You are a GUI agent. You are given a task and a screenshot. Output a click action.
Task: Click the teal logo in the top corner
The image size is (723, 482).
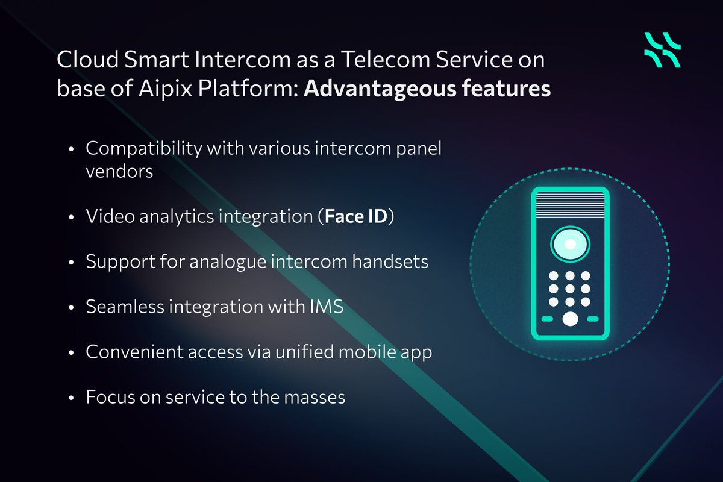tap(662, 49)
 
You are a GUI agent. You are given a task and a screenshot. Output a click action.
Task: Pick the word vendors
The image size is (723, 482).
tap(119, 171)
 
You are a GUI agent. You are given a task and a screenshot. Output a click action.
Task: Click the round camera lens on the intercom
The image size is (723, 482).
tap(569, 244)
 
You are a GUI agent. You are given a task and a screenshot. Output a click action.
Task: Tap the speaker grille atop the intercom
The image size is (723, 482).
tap(569, 202)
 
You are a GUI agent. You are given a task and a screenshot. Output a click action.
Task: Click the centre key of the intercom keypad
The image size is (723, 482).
tap(569, 289)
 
